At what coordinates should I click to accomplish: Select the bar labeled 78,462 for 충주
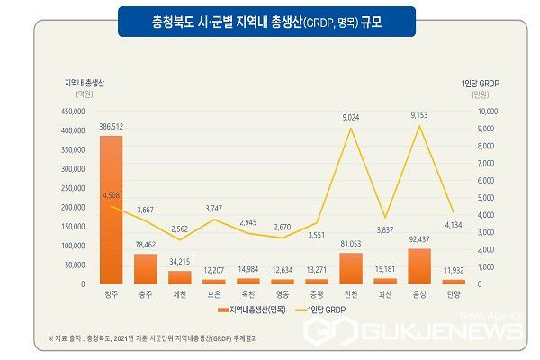click(145, 268)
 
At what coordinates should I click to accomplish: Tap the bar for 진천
click(351, 268)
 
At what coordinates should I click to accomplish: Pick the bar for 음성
click(419, 266)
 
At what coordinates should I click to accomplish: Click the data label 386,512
click(111, 128)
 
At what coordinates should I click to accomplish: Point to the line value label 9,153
click(419, 115)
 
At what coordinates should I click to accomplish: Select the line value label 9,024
click(351, 117)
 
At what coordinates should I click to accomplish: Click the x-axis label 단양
click(454, 293)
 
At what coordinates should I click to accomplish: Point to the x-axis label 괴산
click(385, 293)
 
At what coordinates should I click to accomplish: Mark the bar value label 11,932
click(454, 270)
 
